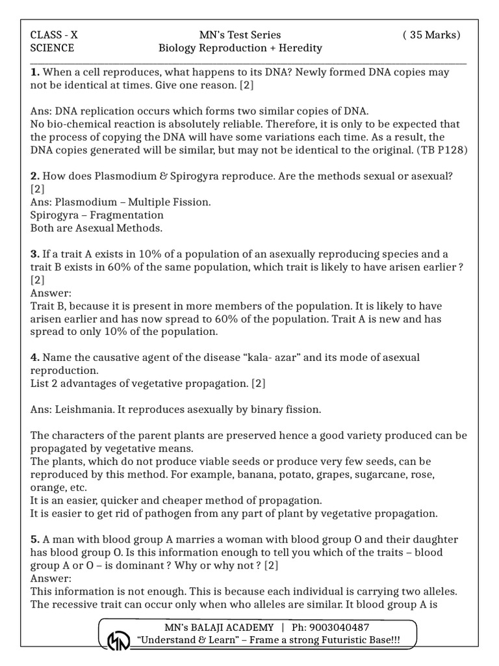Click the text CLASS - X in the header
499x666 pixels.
(x=54, y=35)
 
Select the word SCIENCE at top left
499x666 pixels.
(x=53, y=48)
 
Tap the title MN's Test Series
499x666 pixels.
(x=240, y=35)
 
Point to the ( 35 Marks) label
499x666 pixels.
(x=431, y=35)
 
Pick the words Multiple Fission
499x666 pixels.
(x=172, y=202)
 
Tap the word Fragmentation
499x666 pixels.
(x=127, y=215)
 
